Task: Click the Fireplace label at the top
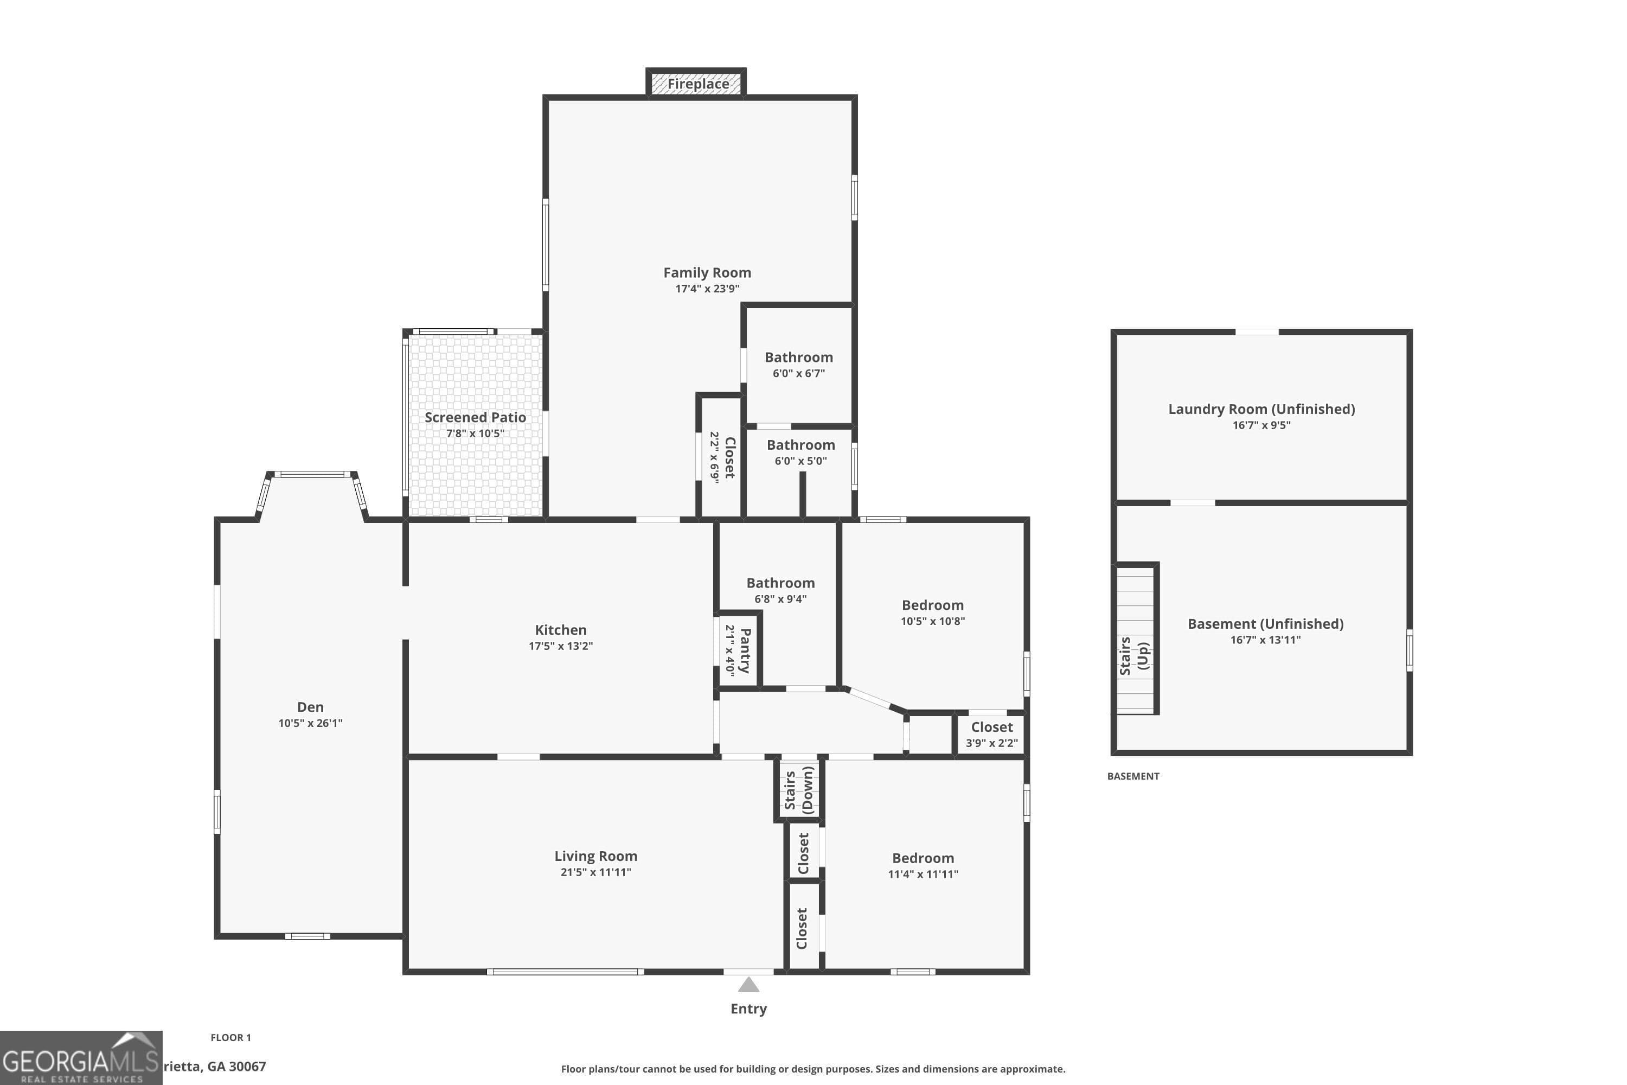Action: coord(697,84)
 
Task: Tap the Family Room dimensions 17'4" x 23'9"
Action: coord(707,289)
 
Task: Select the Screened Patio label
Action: coord(475,417)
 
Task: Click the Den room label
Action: coord(310,706)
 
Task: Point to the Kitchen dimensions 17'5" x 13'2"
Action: coord(560,646)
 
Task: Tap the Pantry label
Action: coord(744,650)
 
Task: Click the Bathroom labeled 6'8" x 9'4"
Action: coord(780,583)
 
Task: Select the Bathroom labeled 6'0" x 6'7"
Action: coord(798,358)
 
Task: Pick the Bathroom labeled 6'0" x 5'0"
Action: coord(800,445)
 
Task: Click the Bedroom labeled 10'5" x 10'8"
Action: coord(932,605)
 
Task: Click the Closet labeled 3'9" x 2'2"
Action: coord(991,727)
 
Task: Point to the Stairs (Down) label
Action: coord(798,789)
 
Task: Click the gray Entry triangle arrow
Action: coord(748,985)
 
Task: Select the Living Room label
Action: coord(595,856)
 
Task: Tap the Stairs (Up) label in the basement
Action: coord(1134,655)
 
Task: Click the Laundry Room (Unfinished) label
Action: coord(1261,409)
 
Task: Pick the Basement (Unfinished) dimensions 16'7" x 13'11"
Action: coord(1265,640)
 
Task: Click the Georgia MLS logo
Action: coord(81,1058)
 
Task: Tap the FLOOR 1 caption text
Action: coord(230,1037)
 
